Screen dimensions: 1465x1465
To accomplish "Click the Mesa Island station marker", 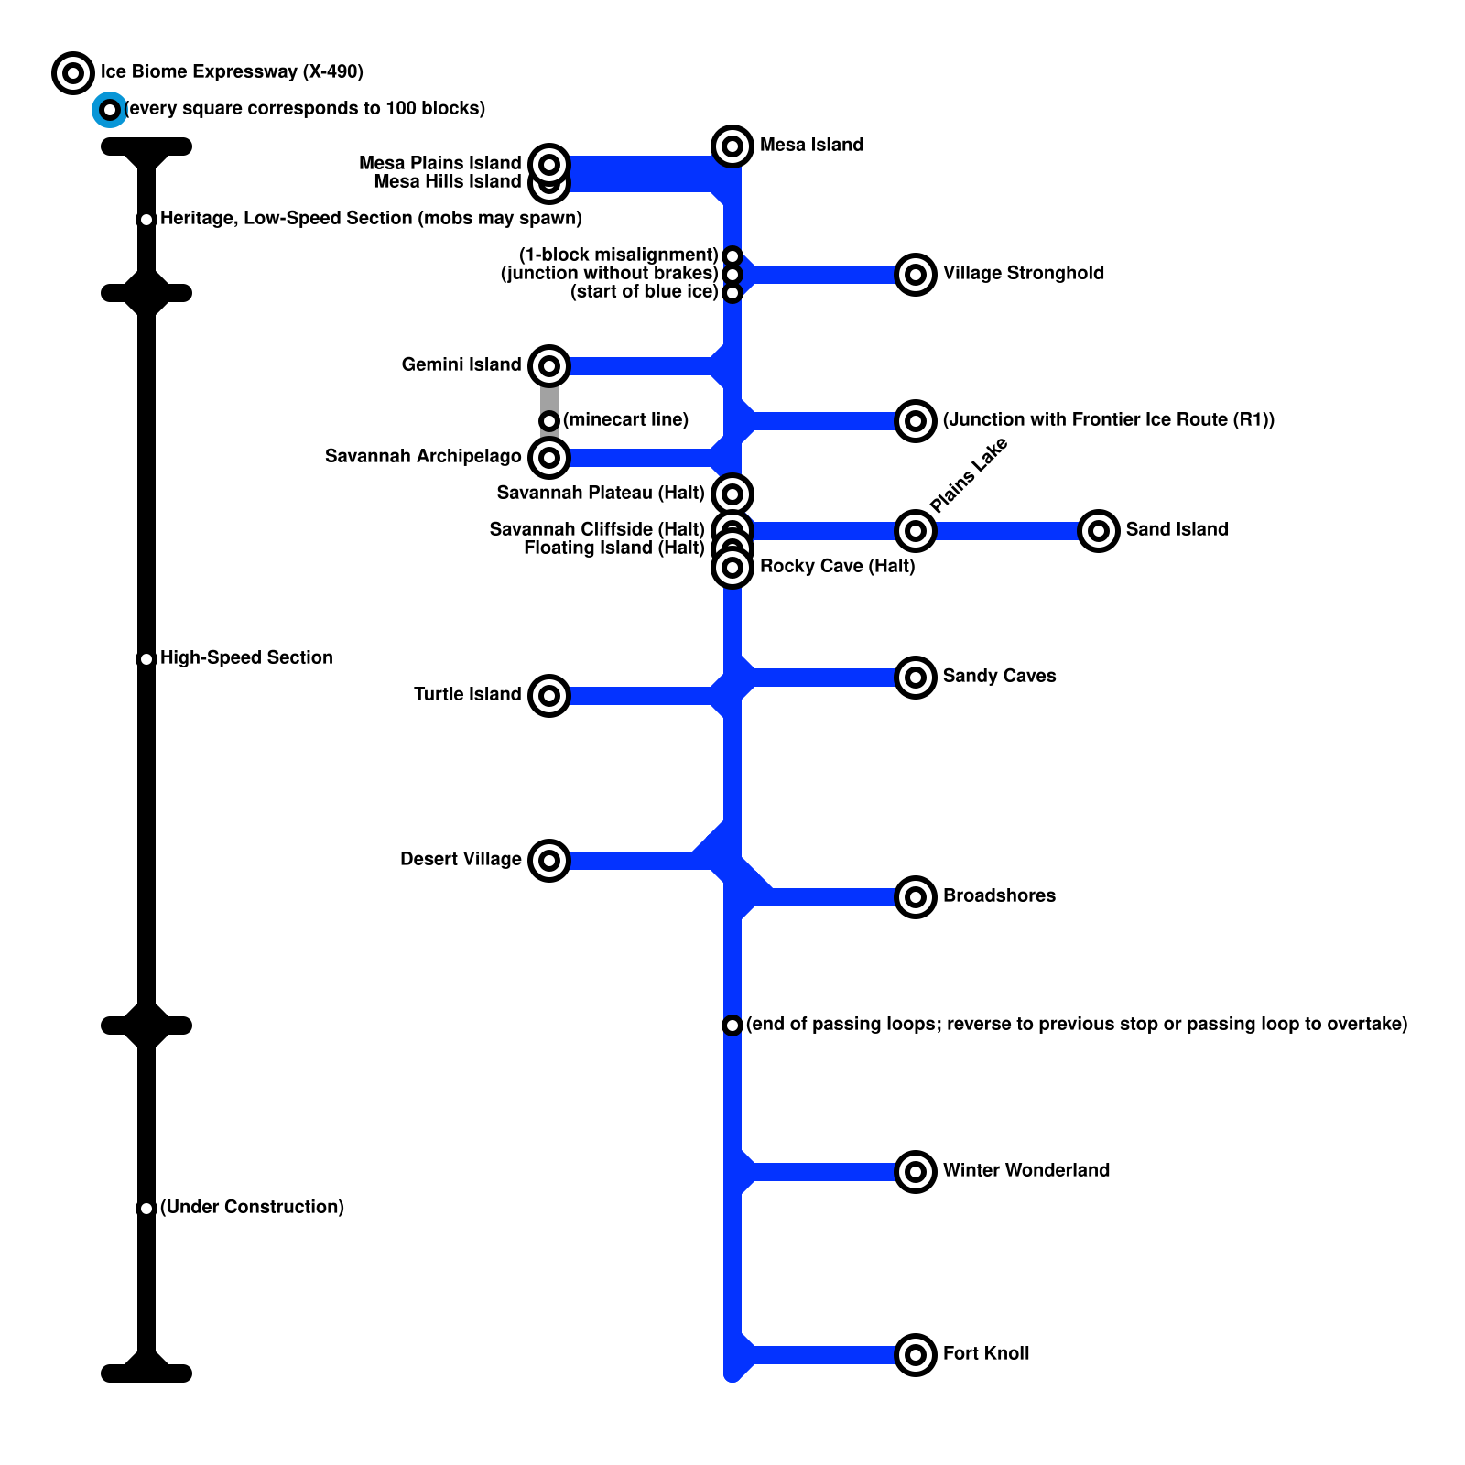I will pyautogui.click(x=732, y=146).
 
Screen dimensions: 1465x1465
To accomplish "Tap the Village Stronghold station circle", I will pyautogui.click(x=916, y=274).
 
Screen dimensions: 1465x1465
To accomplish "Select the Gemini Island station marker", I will pyautogui.click(x=549, y=365).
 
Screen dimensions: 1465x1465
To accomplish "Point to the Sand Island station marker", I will pyautogui.click(x=1099, y=530).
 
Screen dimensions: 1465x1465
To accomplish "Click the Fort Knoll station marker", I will pyautogui.click(x=916, y=1354).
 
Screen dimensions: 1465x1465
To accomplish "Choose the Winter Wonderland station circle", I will pyautogui.click(x=916, y=1171).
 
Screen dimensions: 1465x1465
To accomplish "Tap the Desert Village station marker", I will pyautogui.click(x=549, y=860).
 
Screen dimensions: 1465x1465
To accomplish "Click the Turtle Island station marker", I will pyautogui.click(x=549, y=695).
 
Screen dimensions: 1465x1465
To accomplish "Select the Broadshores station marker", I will pyautogui.click(x=916, y=896).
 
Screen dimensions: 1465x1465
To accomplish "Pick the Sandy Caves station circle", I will pyautogui.click(x=916, y=677).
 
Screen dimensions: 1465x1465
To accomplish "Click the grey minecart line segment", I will pyautogui.click(x=549, y=399).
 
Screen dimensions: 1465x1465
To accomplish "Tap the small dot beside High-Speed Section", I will pyautogui.click(x=146, y=658).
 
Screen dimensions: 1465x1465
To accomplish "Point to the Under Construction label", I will pyautogui.click(x=252, y=1207).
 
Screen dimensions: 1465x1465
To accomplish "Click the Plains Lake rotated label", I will pyautogui.click(x=968, y=475).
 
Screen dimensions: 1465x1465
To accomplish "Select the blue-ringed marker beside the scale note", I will pyautogui.click(x=110, y=110).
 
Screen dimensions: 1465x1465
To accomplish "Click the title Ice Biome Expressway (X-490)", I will pyautogui.click(x=232, y=71).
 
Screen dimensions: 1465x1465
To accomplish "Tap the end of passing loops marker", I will pyautogui.click(x=732, y=1025).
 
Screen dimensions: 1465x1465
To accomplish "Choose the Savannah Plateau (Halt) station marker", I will pyautogui.click(x=732, y=494).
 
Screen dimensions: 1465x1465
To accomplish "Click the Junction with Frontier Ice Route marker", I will pyautogui.click(x=916, y=420).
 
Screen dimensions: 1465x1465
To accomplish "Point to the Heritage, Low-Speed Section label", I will pyautogui.click(x=371, y=218).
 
